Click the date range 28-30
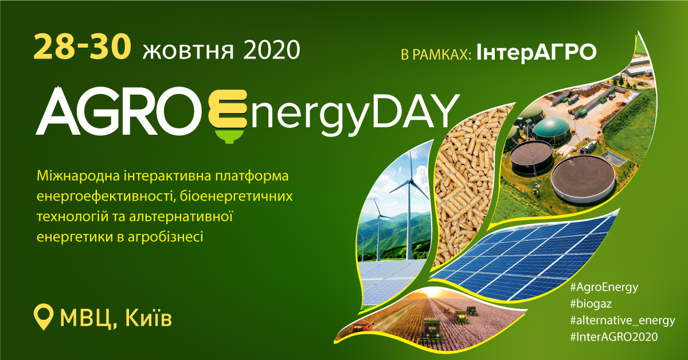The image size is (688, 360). pyautogui.click(x=82, y=46)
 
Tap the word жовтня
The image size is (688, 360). pyautogui.click(x=188, y=50)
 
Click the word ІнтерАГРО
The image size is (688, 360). pyautogui.click(x=536, y=52)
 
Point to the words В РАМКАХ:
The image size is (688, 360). pyautogui.click(x=436, y=54)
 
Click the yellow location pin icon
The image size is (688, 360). pyautogui.click(x=44, y=316)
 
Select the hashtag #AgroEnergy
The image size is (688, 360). pyautogui.click(x=604, y=288)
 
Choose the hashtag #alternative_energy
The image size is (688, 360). pyautogui.click(x=622, y=320)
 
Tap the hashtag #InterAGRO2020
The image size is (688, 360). pyautogui.click(x=613, y=337)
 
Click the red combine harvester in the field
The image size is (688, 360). pyautogui.click(x=363, y=326)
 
